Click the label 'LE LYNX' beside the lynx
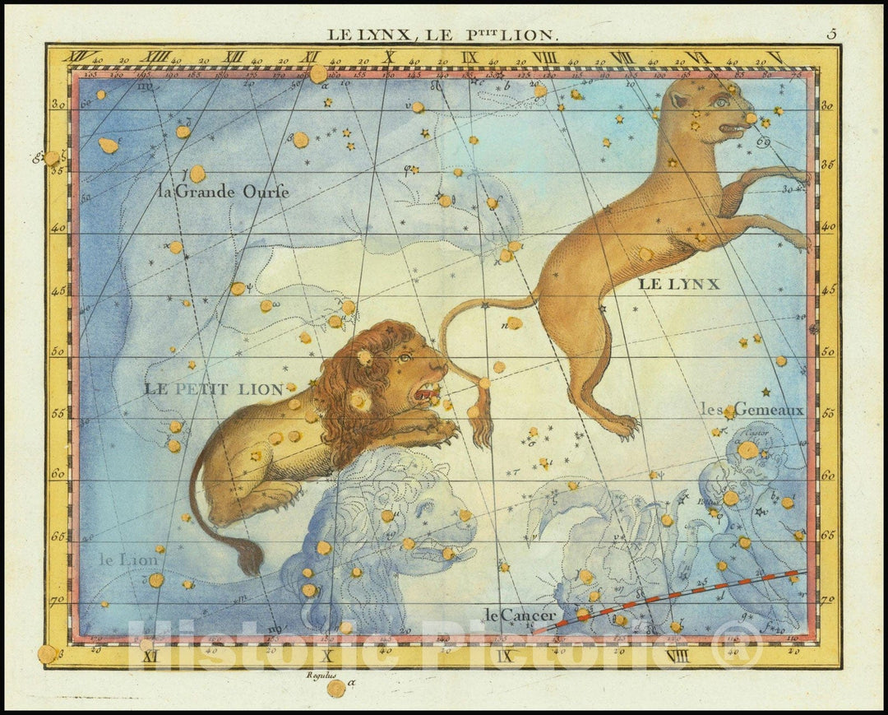coord(678,285)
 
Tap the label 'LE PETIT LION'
coord(214,389)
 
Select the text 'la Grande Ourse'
coord(223,192)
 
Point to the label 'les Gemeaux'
coord(752,408)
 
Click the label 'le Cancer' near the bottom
coord(520,615)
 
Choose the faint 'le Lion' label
coord(129,560)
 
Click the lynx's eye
coord(720,102)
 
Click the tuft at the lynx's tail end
coord(481,420)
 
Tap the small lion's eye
coord(405,358)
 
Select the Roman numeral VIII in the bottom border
coord(678,656)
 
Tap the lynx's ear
coord(679,100)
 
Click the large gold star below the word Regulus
coord(335,688)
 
